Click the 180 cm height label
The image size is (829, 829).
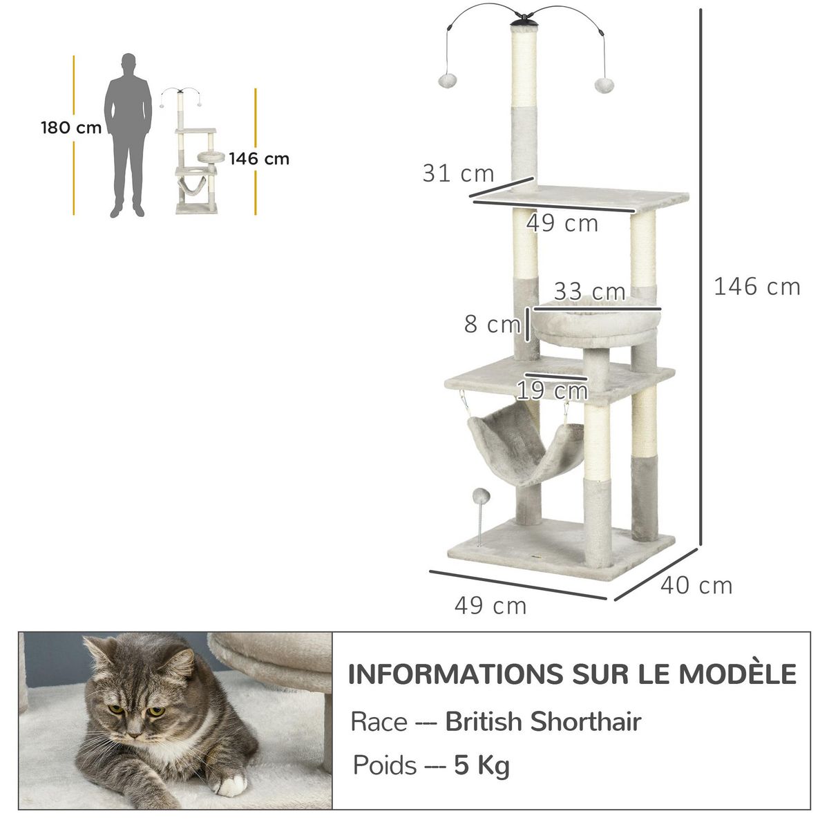tap(71, 128)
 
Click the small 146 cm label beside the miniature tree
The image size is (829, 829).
tap(259, 159)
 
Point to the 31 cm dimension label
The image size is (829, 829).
tap(458, 173)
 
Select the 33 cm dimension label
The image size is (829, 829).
tap(589, 292)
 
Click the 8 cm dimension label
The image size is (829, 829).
tap(491, 323)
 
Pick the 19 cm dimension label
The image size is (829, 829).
tap(552, 391)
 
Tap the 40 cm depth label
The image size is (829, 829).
tap(696, 585)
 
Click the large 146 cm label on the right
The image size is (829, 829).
tap(756, 286)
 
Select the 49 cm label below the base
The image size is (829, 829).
tap(490, 606)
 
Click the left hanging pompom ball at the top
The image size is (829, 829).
tap(444, 80)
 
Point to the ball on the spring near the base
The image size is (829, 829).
tap(479, 495)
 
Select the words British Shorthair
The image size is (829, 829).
tap(543, 721)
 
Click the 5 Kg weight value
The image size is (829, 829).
tap(482, 765)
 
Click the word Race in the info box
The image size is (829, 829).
tap(379, 721)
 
